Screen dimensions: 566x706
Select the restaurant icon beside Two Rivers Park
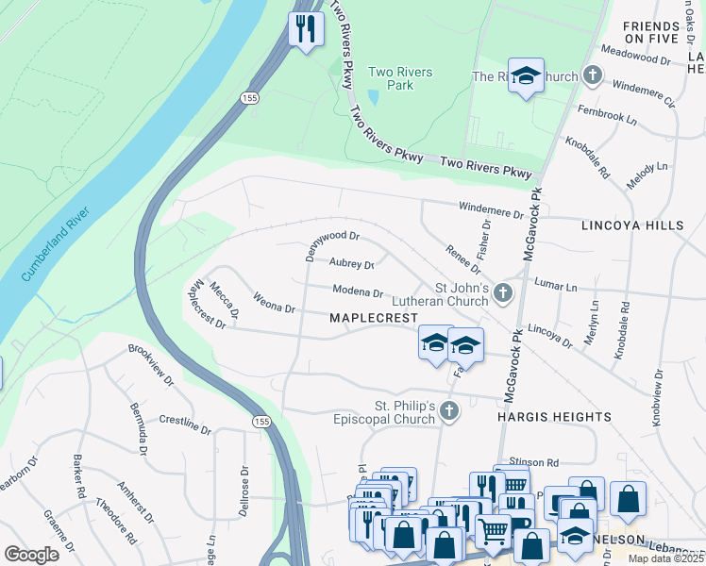(304, 28)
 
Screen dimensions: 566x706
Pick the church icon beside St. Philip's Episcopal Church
(450, 410)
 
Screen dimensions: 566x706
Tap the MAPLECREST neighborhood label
(373, 318)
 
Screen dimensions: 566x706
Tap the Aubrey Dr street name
(351, 264)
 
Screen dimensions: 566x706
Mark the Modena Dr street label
(356, 292)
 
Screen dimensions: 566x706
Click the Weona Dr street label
(274, 303)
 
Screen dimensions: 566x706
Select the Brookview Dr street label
(151, 365)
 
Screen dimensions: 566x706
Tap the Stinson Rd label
(534, 462)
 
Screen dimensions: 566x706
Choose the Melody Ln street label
(647, 179)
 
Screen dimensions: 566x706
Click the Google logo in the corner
(31, 554)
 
